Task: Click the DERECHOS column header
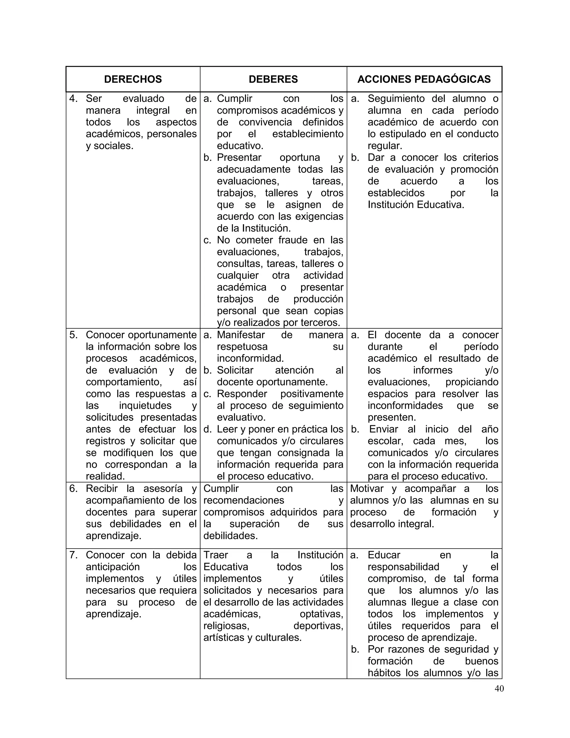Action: [x=133, y=79]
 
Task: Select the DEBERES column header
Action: [x=273, y=79]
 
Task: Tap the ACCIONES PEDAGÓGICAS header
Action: [x=424, y=79]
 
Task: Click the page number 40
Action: [x=499, y=688]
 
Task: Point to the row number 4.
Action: [x=73, y=99]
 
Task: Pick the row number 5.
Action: [x=73, y=335]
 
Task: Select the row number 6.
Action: [x=73, y=489]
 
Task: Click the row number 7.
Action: [x=73, y=555]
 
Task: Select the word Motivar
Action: [x=367, y=489]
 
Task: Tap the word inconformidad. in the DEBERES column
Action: [x=250, y=358]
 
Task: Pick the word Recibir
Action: [x=102, y=489]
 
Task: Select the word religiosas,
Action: [x=226, y=626]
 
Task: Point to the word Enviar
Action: [x=384, y=429]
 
